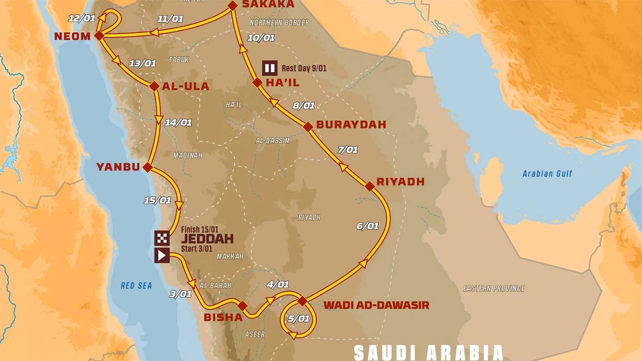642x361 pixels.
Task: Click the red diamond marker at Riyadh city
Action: (370, 186)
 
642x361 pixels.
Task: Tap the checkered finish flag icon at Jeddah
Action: (162, 238)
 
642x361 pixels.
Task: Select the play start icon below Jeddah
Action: (162, 256)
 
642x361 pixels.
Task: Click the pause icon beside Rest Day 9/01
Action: (270, 68)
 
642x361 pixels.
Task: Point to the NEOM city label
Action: (72, 36)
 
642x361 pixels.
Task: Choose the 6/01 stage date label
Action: (368, 226)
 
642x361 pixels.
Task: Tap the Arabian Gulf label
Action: (547, 174)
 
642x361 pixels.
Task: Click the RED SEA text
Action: (136, 286)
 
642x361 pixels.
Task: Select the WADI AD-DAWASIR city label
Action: (376, 305)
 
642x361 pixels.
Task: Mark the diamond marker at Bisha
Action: (242, 306)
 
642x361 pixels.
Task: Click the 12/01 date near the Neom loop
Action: (81, 18)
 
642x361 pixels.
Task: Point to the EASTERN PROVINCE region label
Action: (494, 288)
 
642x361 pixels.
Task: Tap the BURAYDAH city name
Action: (351, 124)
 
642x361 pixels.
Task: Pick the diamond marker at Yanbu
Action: (148, 167)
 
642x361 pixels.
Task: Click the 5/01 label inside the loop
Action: (299, 319)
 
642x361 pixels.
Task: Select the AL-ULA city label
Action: (185, 86)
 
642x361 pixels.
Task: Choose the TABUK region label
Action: (179, 60)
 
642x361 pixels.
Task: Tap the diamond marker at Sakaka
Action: (233, 5)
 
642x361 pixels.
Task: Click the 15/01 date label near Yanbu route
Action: (157, 200)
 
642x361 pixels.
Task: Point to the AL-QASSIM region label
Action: (272, 141)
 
